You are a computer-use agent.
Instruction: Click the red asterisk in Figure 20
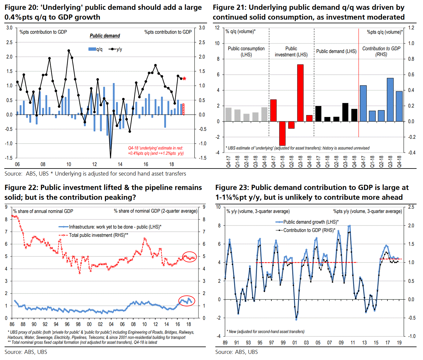click(x=184, y=79)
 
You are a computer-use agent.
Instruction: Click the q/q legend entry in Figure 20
click(x=96, y=49)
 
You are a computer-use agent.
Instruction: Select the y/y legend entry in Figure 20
click(x=115, y=49)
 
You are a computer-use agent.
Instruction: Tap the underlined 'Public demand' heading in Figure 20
click(x=105, y=36)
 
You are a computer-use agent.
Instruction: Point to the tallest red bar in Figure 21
click(x=300, y=93)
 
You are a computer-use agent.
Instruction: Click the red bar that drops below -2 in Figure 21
click(x=282, y=133)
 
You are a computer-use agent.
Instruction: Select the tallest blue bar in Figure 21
click(x=390, y=100)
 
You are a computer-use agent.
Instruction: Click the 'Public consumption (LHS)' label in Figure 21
click(x=246, y=51)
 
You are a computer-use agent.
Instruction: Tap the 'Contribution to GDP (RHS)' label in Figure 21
click(x=381, y=51)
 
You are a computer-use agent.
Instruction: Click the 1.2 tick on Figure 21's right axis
click(x=411, y=28)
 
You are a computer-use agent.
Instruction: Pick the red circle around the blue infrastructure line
click(x=187, y=301)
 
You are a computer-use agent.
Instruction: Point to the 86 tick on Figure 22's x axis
click(x=12, y=324)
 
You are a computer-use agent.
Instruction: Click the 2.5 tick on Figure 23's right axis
click(x=411, y=207)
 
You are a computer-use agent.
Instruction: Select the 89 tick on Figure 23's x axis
click(x=225, y=343)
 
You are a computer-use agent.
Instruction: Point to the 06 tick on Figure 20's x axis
click(x=17, y=164)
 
